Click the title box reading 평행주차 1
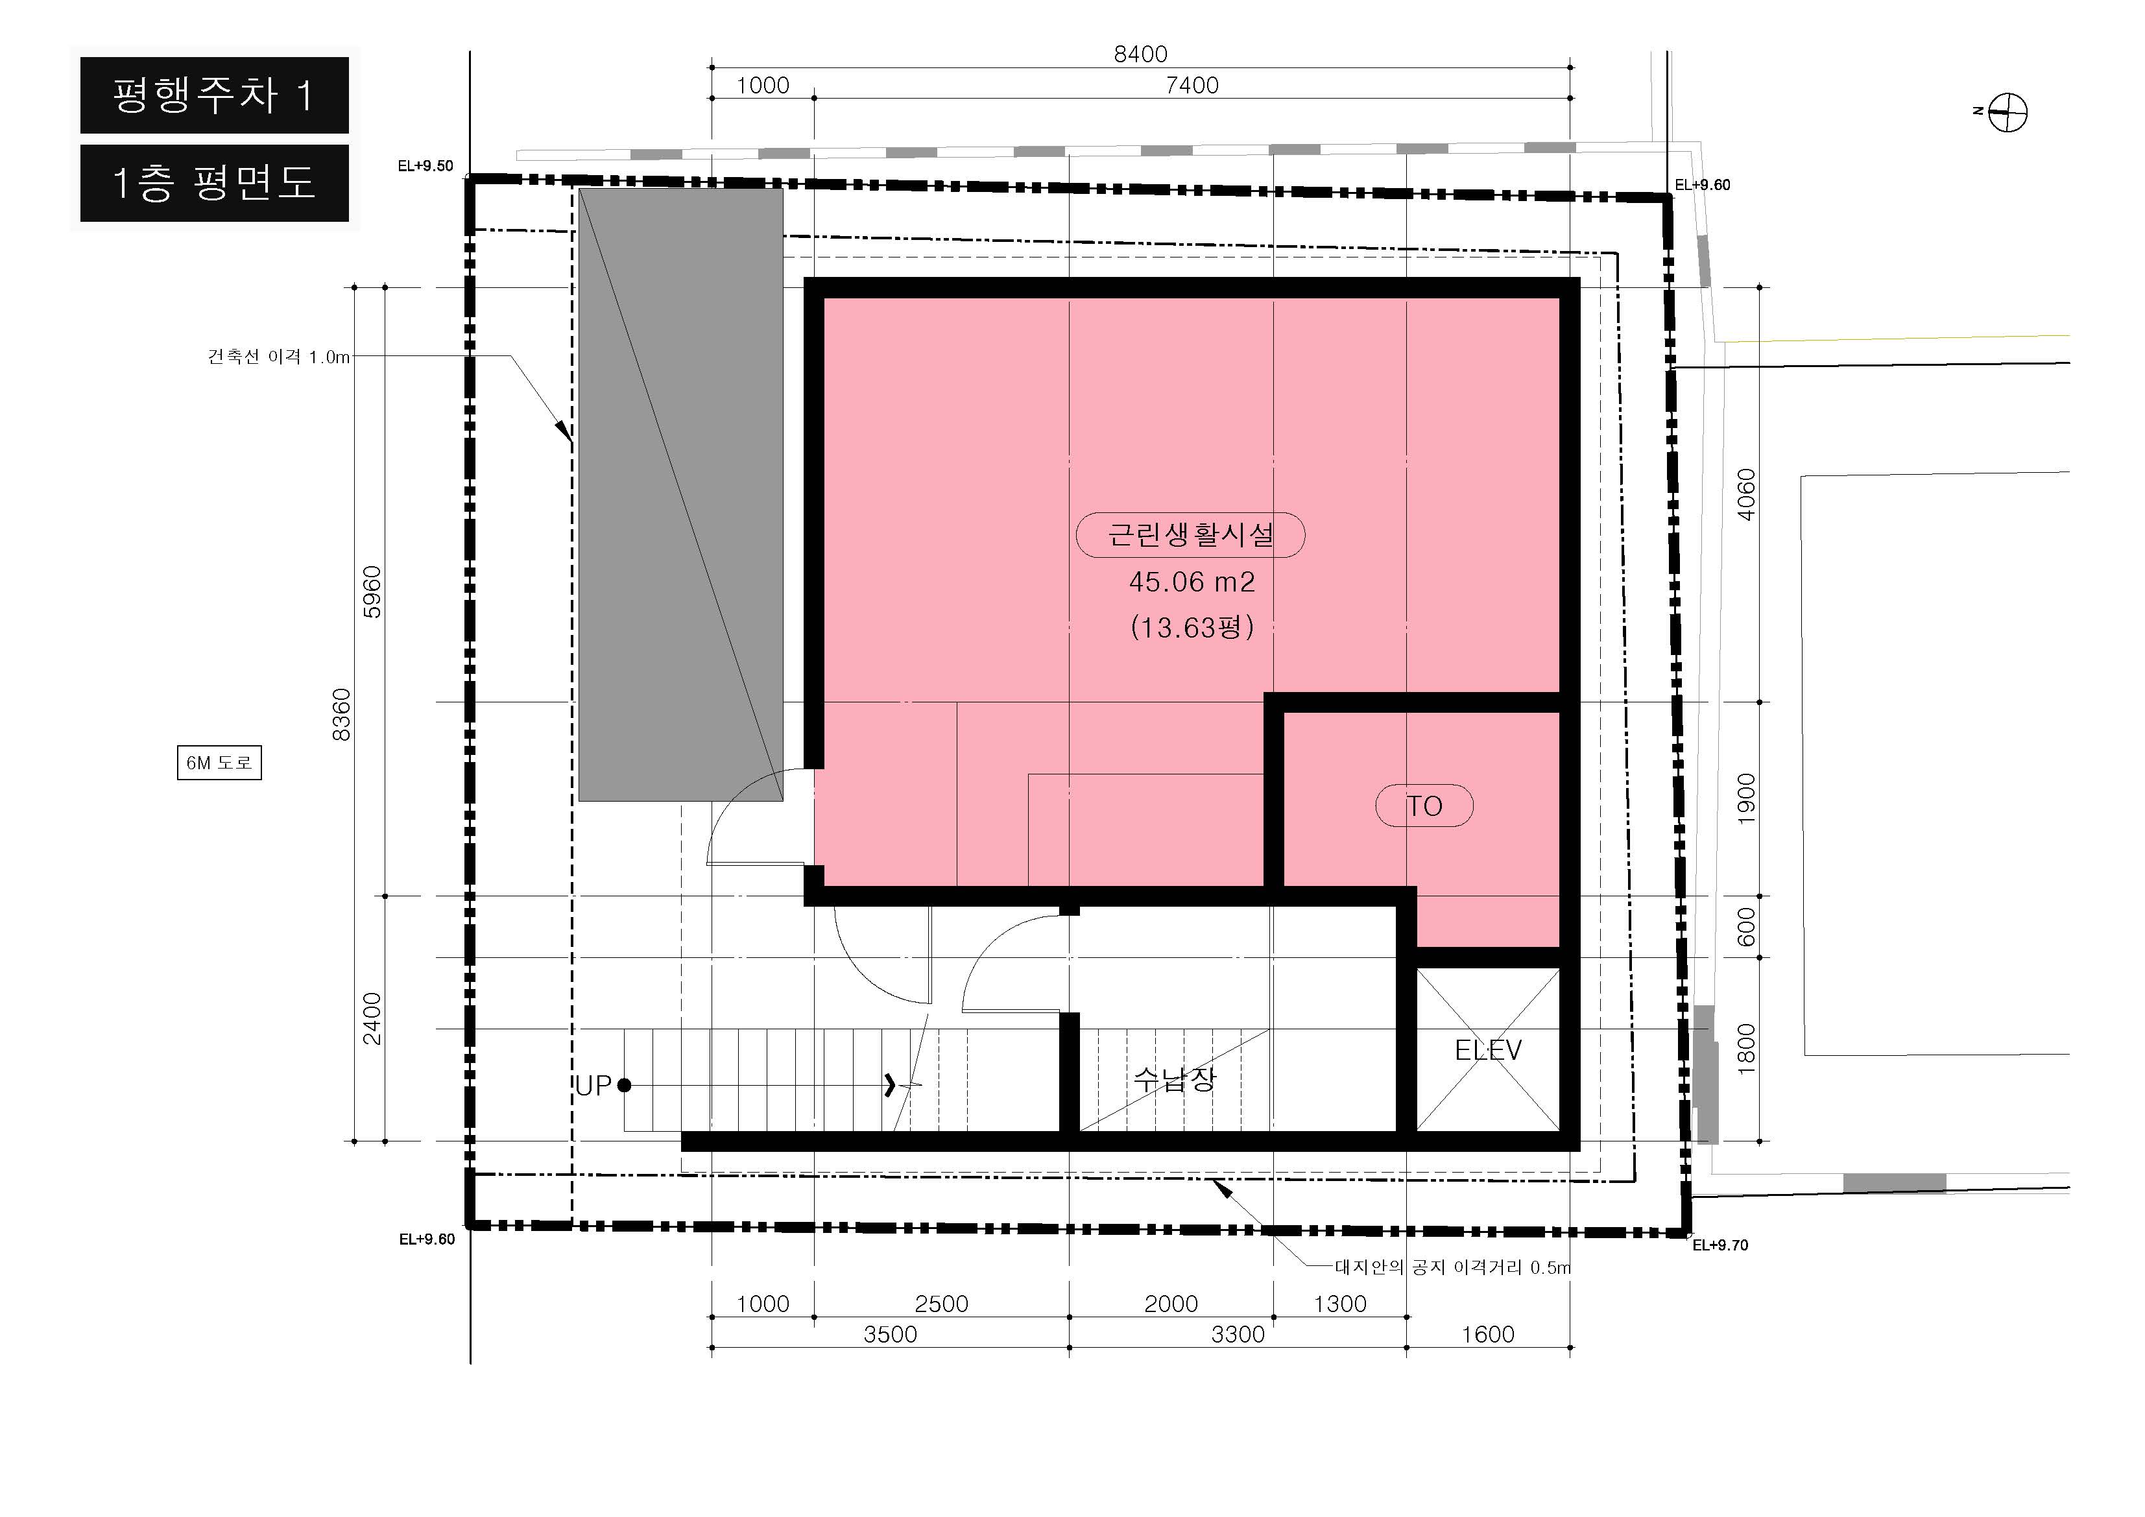click(214, 95)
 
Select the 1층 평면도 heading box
click(214, 183)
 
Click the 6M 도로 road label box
click(219, 762)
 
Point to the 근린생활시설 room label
click(1191, 535)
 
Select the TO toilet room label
click(1425, 806)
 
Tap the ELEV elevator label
click(1488, 1050)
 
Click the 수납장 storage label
click(1175, 1079)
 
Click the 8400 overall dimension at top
click(1141, 54)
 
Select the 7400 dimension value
click(1192, 85)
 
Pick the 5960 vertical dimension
click(372, 591)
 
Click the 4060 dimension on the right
click(1745, 494)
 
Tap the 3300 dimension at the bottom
click(1238, 1334)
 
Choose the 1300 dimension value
click(1339, 1304)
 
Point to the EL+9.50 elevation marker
click(425, 166)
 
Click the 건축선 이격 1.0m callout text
click(278, 357)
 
